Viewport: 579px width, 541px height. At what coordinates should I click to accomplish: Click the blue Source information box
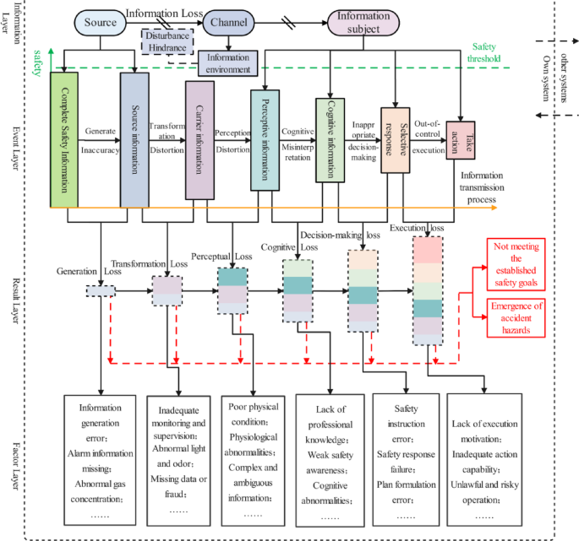coord(135,139)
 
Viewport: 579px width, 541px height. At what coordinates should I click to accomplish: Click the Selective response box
coord(393,139)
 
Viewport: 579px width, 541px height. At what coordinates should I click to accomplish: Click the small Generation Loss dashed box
coord(100,291)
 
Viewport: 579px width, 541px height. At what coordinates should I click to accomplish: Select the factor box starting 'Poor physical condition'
coord(254,460)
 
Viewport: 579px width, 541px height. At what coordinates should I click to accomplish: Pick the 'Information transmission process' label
coord(489,188)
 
